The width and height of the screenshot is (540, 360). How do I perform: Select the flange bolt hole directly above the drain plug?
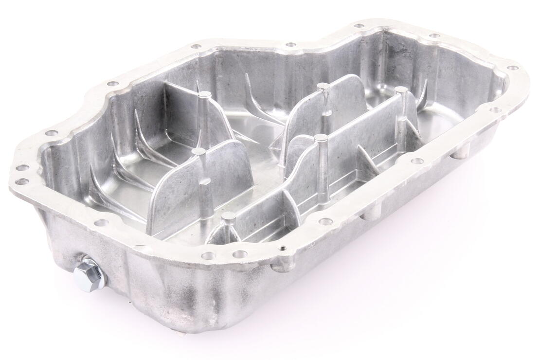tap(101, 223)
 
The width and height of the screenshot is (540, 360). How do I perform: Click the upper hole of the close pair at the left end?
tap(22, 168)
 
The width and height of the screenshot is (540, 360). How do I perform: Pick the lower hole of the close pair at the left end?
tap(22, 182)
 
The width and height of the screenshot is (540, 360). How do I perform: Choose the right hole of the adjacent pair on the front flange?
tap(239, 254)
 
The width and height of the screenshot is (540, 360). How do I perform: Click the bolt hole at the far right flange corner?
tap(512, 68)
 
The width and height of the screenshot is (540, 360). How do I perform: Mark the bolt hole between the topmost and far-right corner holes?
tap(434, 36)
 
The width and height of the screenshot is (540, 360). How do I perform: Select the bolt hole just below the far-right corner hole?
tap(495, 110)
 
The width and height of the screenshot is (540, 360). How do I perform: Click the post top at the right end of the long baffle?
tap(400, 90)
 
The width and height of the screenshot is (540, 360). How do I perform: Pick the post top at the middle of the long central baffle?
tap(320, 138)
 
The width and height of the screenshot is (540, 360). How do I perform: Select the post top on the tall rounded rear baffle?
tap(323, 87)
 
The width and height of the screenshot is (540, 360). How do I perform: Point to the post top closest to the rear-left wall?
tap(205, 94)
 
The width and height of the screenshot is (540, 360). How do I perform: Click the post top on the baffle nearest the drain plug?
tap(198, 152)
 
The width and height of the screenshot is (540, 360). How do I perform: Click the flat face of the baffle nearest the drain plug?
tap(199, 190)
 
